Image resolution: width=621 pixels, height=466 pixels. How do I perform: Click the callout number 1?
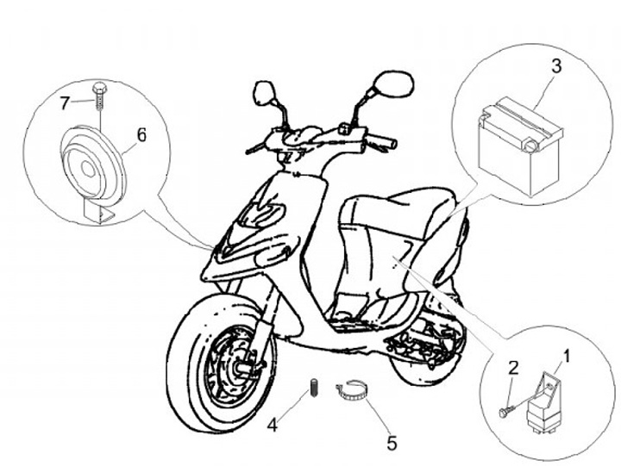point(567,354)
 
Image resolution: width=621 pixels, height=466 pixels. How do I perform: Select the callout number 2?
point(512,368)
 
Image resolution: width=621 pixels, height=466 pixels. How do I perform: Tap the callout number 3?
point(556,65)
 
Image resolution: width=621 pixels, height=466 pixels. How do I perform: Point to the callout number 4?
point(272,424)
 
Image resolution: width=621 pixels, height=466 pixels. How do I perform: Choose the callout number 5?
point(392,444)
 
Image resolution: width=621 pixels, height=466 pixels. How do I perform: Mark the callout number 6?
point(141,134)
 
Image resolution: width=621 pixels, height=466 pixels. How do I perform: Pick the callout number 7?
point(65,103)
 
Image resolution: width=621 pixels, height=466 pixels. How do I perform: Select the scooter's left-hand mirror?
point(264,92)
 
